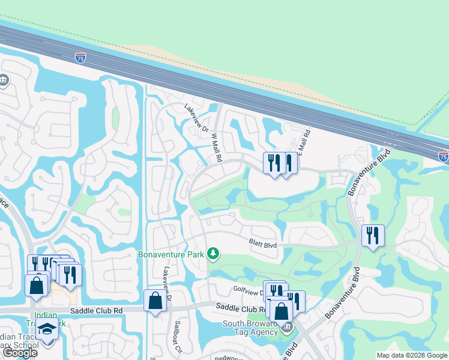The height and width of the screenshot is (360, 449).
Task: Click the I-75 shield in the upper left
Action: coord(80,58)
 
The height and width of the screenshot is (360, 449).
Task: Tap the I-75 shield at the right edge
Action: coord(444,157)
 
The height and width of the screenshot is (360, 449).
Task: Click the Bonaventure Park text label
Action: coord(172,254)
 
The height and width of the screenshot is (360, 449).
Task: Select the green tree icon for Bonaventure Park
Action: coord(212,254)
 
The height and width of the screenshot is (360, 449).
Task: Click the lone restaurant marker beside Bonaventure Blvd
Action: coord(373,236)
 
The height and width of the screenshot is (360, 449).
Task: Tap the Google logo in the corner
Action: coord(20,353)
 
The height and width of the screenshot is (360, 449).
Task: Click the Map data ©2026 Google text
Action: coord(411,355)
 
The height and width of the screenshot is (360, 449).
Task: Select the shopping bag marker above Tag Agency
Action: coord(281,311)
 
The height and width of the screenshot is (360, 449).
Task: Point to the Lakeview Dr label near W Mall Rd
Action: coord(196,119)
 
